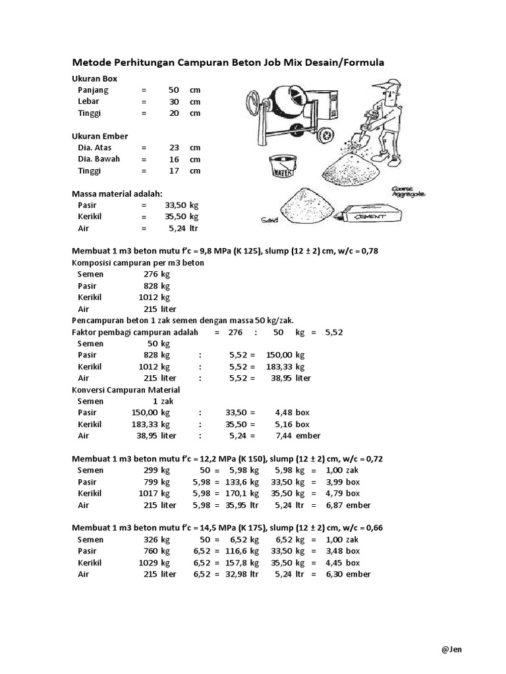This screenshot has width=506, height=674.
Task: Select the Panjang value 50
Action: pos(174,90)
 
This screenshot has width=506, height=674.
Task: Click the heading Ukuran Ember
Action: pos(99,136)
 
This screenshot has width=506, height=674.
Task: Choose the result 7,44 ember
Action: pos(298,436)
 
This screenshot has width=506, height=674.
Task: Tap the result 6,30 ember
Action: pos(349,574)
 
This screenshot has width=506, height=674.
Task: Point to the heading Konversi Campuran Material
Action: pos(125,390)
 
